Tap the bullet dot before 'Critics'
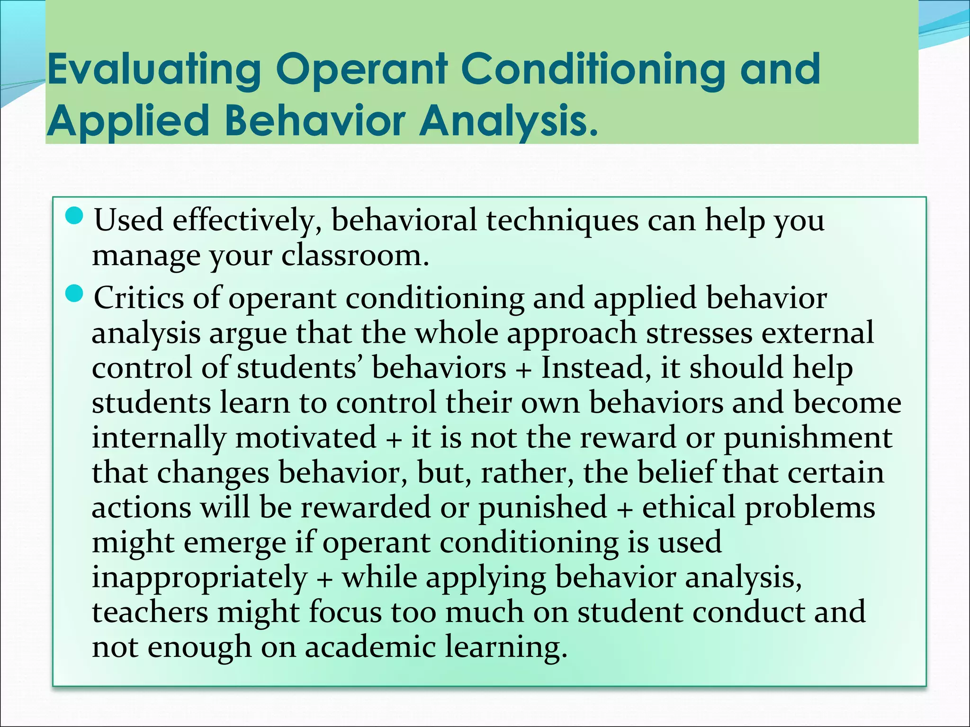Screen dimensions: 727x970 [x=74, y=294]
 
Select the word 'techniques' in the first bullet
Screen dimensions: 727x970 [x=562, y=221]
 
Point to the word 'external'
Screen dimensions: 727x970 [x=817, y=333]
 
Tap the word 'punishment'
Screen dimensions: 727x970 [x=808, y=437]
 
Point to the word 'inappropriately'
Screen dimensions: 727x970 [x=199, y=577]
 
